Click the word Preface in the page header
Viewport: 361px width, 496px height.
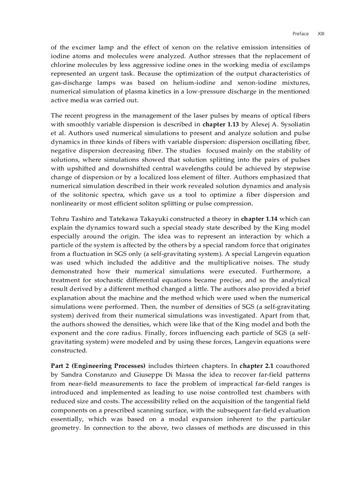[x=300, y=34]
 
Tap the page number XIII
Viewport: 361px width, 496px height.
[x=321, y=34]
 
